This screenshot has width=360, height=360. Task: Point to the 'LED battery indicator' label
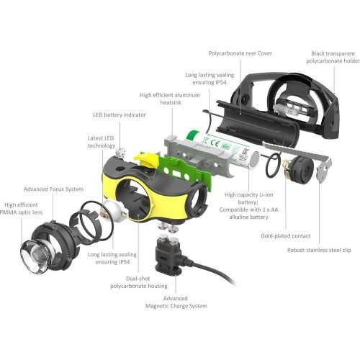coord(119,114)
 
